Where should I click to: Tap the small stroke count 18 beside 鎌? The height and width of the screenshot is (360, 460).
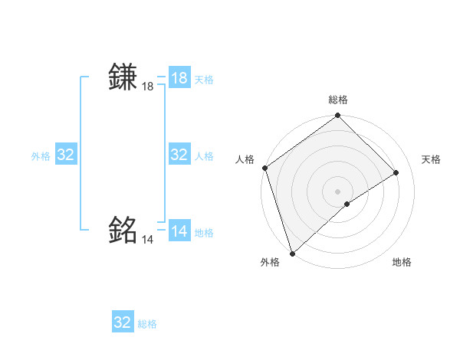click(x=148, y=87)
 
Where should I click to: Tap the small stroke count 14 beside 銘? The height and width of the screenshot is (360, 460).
click(x=148, y=240)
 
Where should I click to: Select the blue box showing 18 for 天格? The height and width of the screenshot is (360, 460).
click(x=179, y=78)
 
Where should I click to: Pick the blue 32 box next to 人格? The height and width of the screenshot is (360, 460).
click(x=179, y=155)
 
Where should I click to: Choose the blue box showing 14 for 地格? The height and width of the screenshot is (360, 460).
click(x=179, y=231)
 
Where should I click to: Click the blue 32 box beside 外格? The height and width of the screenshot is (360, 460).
click(x=66, y=155)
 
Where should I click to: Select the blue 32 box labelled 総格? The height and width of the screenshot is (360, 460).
click(x=123, y=322)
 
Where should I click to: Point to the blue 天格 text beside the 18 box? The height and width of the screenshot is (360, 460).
click(x=204, y=80)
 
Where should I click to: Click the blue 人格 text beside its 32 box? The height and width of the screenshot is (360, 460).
click(x=204, y=156)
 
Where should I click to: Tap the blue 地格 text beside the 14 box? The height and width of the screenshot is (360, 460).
click(x=204, y=233)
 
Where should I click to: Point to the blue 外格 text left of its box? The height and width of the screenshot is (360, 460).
click(x=41, y=156)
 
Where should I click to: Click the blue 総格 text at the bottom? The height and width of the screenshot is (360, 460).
click(x=147, y=324)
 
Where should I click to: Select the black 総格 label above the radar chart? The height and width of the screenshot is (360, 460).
click(x=337, y=100)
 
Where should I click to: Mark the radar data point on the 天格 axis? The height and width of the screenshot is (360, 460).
click(x=396, y=172)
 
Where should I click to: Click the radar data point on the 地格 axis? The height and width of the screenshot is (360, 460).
click(x=347, y=204)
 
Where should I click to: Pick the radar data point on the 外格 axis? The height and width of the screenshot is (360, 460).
click(x=292, y=253)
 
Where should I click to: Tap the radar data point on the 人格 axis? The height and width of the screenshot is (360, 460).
click(x=264, y=168)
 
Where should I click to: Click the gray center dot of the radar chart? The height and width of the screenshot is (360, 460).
click(x=337, y=191)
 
